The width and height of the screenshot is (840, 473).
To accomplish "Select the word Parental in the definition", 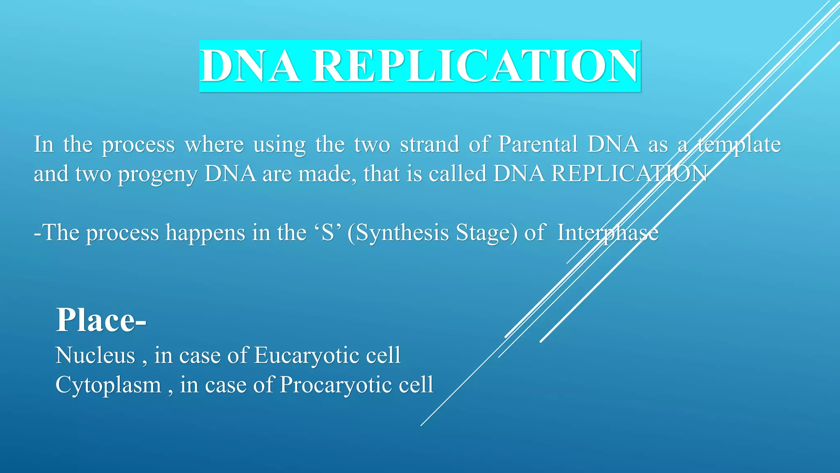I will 538,145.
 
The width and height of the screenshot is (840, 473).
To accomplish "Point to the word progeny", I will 157,174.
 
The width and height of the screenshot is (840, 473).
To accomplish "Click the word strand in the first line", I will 429,145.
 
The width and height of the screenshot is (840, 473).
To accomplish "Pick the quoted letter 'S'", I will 328,233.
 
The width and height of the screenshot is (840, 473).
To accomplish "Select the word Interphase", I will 608,233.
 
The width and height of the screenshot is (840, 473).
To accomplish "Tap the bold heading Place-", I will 101,320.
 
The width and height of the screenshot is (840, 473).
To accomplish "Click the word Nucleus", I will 95,355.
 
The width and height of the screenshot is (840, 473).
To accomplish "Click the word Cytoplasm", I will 108,385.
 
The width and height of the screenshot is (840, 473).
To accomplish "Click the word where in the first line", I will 214,145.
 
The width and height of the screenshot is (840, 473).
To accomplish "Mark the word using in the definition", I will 279,145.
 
